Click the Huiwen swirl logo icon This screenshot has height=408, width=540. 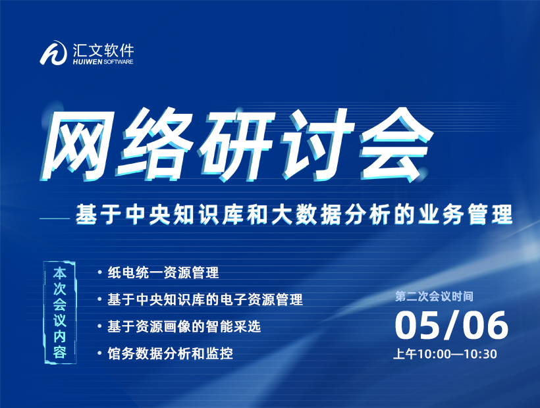[x=53, y=53]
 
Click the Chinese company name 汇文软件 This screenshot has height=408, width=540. [x=103, y=51]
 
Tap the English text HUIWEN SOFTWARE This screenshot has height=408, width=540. [x=103, y=62]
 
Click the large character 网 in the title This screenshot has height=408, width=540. [x=79, y=145]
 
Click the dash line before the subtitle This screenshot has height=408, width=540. [x=55, y=218]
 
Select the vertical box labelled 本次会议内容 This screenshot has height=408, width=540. [x=60, y=313]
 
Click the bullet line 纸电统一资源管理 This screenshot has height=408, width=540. [x=163, y=273]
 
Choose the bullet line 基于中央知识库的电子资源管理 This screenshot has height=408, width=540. [x=205, y=299]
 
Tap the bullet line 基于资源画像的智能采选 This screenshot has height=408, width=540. [x=184, y=326]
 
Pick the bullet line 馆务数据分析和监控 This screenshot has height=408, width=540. [x=170, y=353]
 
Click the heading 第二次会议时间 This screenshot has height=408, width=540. [x=434, y=296]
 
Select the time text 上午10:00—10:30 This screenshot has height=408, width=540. [x=445, y=354]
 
